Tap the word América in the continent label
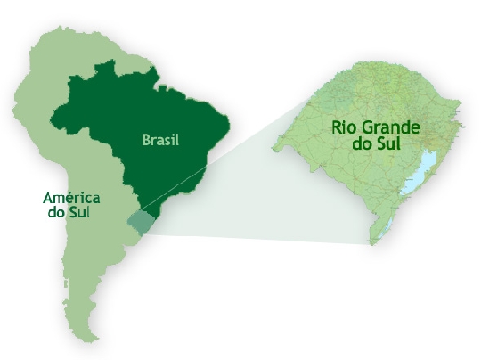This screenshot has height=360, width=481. coord(71,198)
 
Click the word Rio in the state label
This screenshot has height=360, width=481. coord(345,127)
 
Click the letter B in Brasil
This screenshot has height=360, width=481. coord(146,141)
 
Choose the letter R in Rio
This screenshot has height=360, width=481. coord(336,127)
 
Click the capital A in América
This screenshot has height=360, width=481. coord(47,198)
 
